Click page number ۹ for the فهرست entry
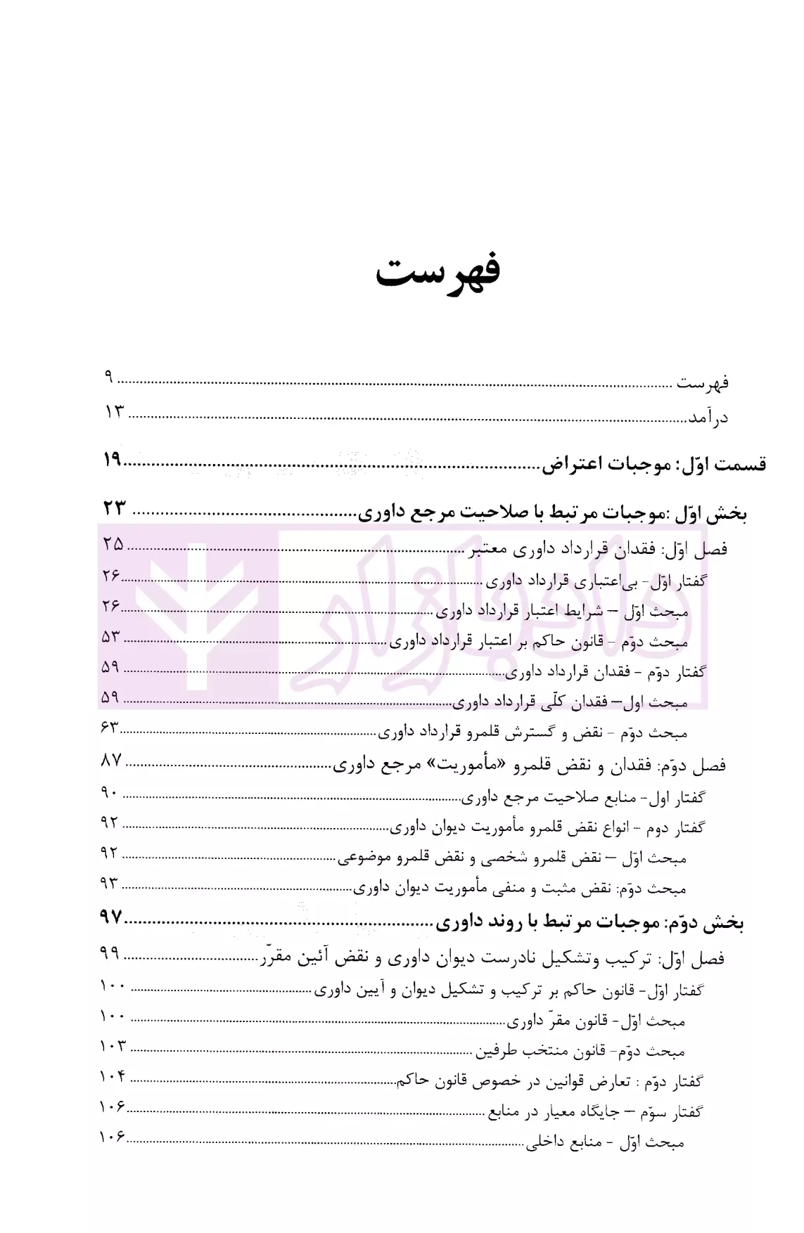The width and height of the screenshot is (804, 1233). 109,377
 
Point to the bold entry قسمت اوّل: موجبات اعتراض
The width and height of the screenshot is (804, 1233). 653,464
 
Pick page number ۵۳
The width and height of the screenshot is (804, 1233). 112,637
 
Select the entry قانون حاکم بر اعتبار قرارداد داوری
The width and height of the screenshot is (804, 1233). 538,642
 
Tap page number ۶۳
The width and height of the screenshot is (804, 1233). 110,728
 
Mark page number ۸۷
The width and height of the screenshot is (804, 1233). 112,761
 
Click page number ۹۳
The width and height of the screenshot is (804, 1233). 110,884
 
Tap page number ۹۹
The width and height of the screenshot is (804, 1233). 110,954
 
